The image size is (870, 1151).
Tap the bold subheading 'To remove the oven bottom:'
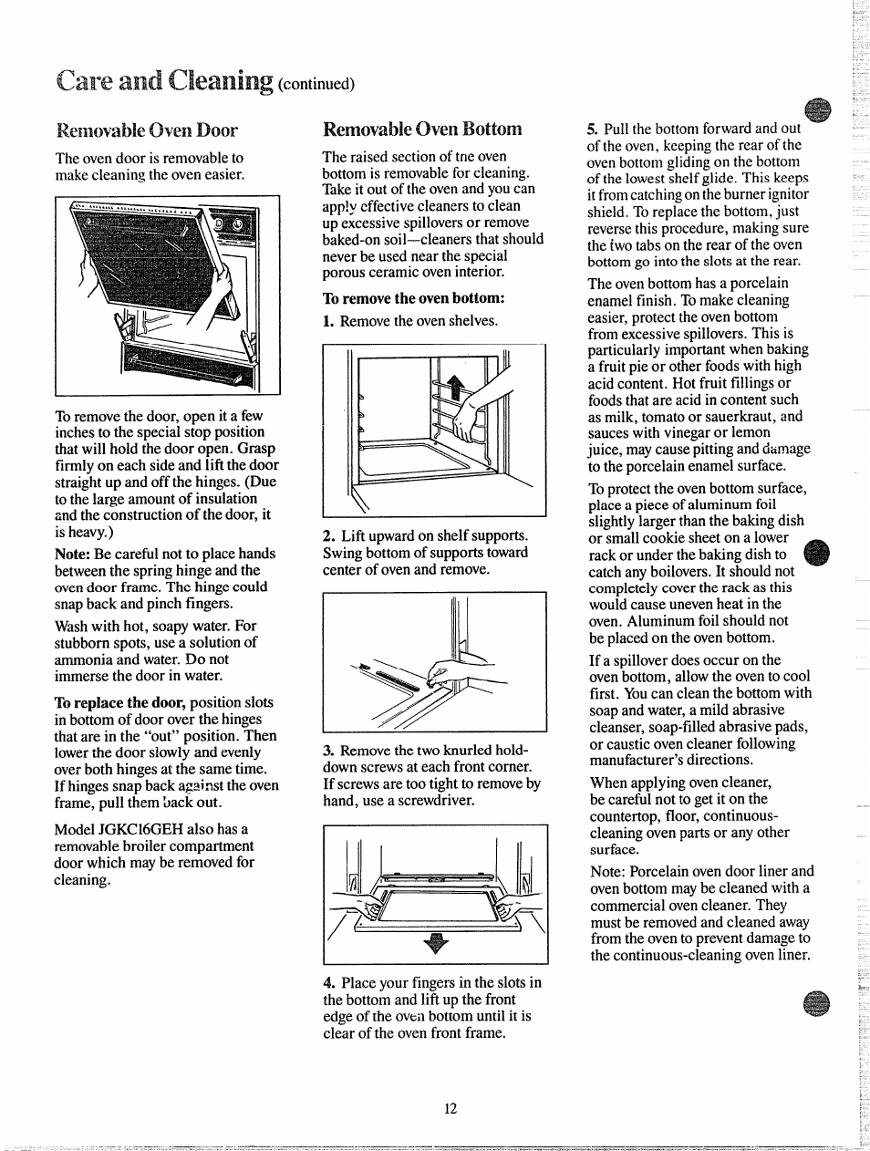coord(413,298)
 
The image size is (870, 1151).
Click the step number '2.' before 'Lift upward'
coord(328,536)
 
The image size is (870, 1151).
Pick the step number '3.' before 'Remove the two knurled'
coord(328,751)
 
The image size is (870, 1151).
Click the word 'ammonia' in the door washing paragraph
coord(83,659)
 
